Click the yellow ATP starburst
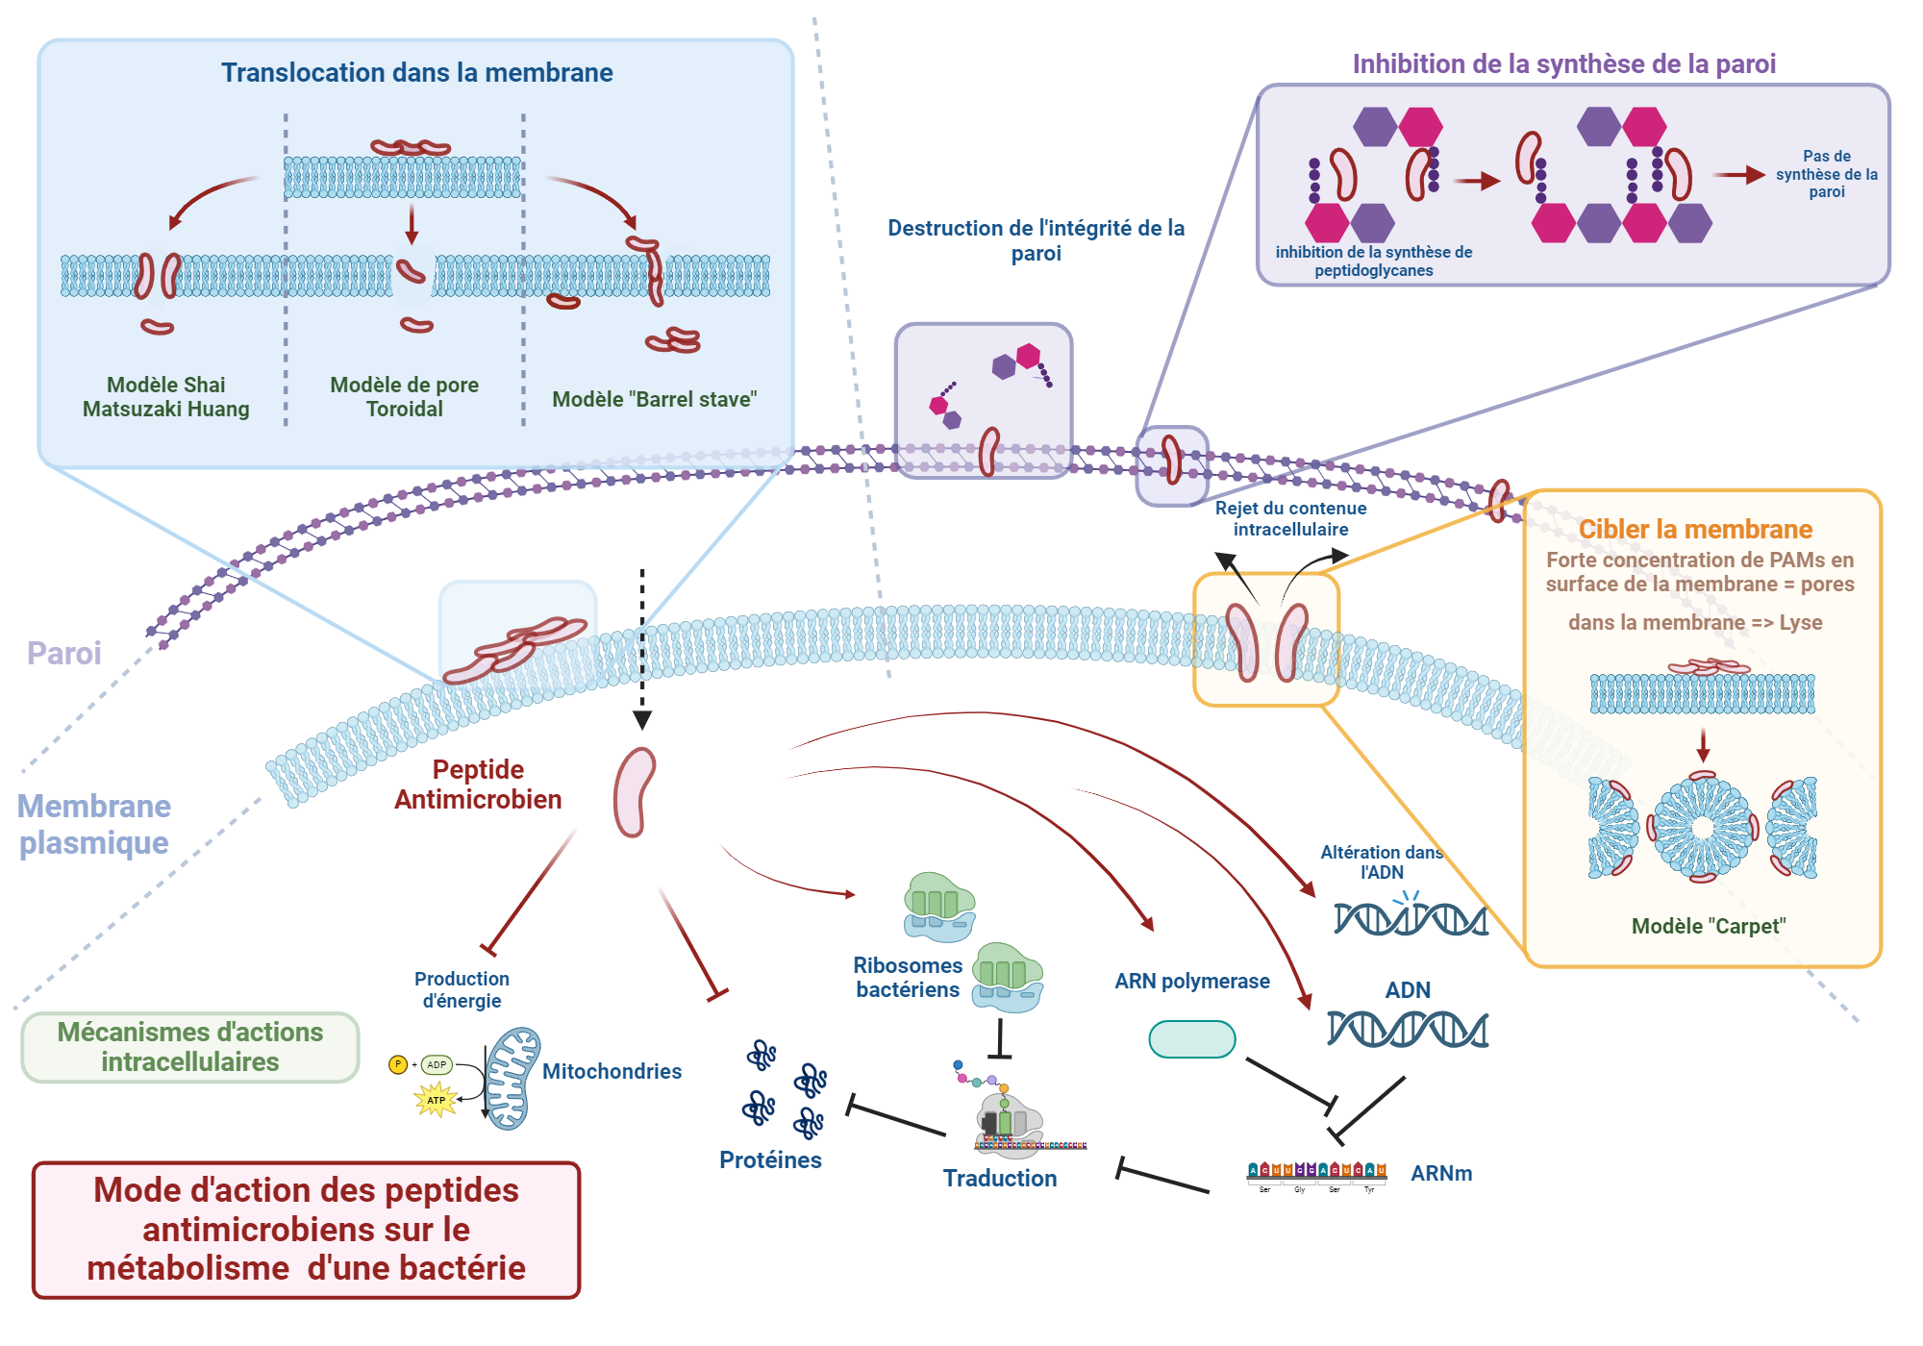pyautogui.click(x=436, y=1100)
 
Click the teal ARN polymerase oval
pyautogui.click(x=1191, y=1039)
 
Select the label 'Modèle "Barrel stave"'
pyautogui.click(x=654, y=399)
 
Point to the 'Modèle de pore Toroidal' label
pyautogui.click(x=404, y=396)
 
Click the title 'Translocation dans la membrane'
pyautogui.click(x=416, y=73)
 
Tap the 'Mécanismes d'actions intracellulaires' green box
pyautogui.click(x=189, y=1047)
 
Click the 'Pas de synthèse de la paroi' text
pyautogui.click(x=1826, y=174)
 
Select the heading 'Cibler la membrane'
pyautogui.click(x=1694, y=529)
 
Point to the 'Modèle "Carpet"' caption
pyautogui.click(x=1708, y=926)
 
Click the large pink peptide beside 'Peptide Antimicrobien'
pyautogui.click(x=634, y=792)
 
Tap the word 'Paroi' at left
pyautogui.click(x=63, y=654)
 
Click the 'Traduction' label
pyautogui.click(x=999, y=1178)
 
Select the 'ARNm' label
pyautogui.click(x=1440, y=1173)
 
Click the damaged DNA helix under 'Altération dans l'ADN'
pyautogui.click(x=1410, y=919)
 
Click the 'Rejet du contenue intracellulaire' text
pyautogui.click(x=1290, y=518)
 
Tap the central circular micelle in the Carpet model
pyautogui.click(x=1702, y=828)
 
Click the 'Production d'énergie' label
pyautogui.click(x=462, y=989)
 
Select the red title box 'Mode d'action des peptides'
pyautogui.click(x=306, y=1230)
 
